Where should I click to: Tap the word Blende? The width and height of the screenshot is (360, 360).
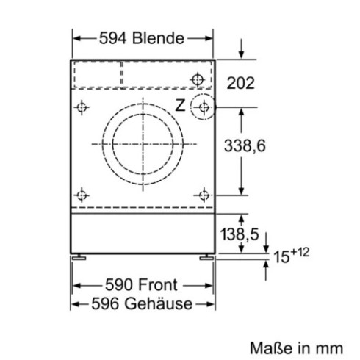[157, 38]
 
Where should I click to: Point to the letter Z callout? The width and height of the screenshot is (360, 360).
[179, 105]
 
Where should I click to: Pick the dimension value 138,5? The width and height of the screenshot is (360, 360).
[240, 235]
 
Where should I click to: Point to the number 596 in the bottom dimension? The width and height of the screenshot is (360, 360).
[100, 303]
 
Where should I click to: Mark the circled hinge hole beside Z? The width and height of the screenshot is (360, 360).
[202, 108]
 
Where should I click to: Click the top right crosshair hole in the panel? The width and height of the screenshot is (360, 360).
[196, 79]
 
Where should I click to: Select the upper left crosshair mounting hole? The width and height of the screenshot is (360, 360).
[82, 108]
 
